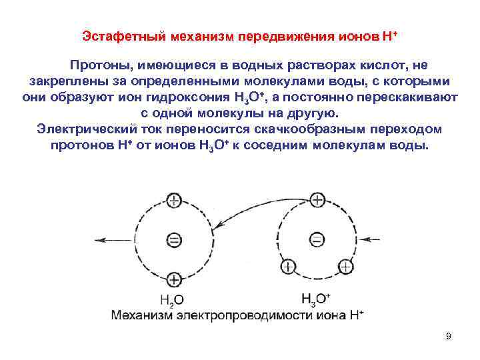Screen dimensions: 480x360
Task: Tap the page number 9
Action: point(449,336)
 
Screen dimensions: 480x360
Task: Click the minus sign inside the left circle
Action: point(173,239)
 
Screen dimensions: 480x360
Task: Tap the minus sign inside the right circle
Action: point(317,239)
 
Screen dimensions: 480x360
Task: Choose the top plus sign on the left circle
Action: point(173,200)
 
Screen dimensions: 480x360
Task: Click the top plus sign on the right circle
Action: point(317,200)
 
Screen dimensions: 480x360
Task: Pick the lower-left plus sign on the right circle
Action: point(288,267)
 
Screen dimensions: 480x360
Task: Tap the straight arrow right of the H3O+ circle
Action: point(372,239)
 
